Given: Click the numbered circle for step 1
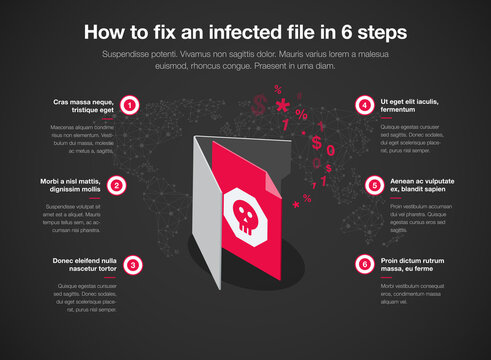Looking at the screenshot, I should click(130, 105).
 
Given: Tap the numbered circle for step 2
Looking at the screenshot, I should click(117, 185).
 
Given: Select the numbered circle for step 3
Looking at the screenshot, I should click(133, 265).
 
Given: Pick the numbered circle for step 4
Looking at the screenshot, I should click(361, 105).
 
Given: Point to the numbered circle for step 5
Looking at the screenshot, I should click(374, 185).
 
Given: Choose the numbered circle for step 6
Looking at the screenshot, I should click(361, 265).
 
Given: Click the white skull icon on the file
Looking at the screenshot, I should click(243, 211).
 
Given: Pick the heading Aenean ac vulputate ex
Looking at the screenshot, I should click(420, 185).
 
